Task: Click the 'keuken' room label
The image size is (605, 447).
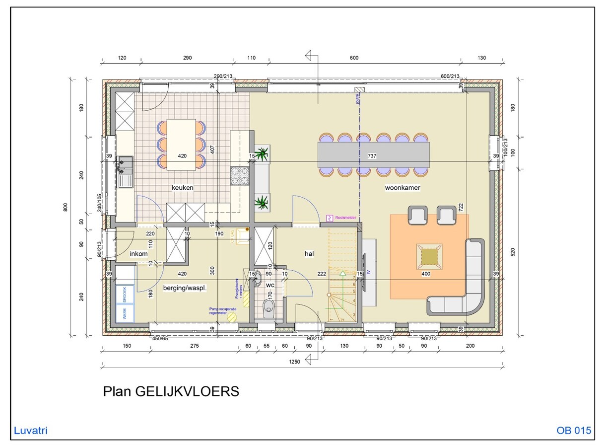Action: click(182, 188)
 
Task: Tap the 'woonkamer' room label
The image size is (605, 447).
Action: click(403, 188)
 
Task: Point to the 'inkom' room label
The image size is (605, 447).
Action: click(139, 254)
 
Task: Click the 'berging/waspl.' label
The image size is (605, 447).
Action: click(185, 288)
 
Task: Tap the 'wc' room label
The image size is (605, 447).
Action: click(270, 286)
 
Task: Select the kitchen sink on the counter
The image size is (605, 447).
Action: click(125, 171)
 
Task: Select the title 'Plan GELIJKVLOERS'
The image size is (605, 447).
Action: click(171, 391)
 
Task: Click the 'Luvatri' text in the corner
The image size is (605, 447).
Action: click(31, 431)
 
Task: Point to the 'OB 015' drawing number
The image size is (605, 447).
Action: click(574, 431)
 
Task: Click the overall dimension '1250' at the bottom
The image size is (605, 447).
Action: click(294, 362)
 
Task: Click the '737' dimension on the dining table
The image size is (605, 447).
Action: click(372, 156)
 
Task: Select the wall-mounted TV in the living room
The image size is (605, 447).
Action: click(364, 272)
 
